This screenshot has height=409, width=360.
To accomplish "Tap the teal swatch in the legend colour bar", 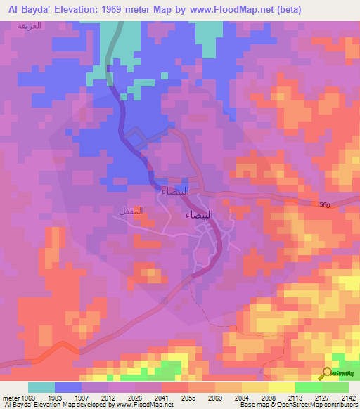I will pyautogui.click(x=41, y=387).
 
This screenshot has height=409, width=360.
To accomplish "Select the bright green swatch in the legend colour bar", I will pyautogui.click(x=309, y=387).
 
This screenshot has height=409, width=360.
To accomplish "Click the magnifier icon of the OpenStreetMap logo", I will pyautogui.click(x=326, y=374).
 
